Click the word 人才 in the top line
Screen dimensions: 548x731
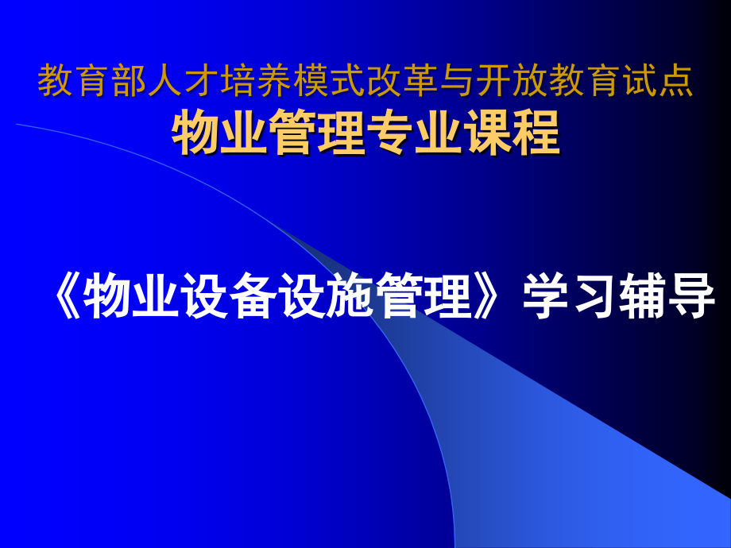174,82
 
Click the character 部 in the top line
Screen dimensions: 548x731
133,82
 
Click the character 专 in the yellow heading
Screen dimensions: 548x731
392,133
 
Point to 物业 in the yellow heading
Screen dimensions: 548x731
221,133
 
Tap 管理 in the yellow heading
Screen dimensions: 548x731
319,133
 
